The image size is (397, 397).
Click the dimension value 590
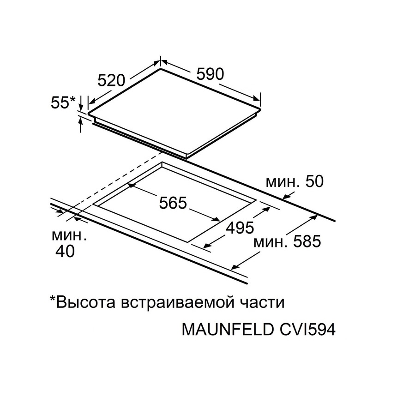211,74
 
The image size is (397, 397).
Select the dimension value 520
112,80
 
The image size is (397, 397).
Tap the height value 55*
63,102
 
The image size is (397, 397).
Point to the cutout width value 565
173,203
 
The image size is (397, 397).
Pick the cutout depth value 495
240,228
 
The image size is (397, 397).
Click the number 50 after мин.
314,181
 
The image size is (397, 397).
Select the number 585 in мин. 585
307,241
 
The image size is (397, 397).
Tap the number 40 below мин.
65,251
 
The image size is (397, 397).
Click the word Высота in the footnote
85,302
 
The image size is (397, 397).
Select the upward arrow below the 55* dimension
81,125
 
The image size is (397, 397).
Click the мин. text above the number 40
69,236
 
